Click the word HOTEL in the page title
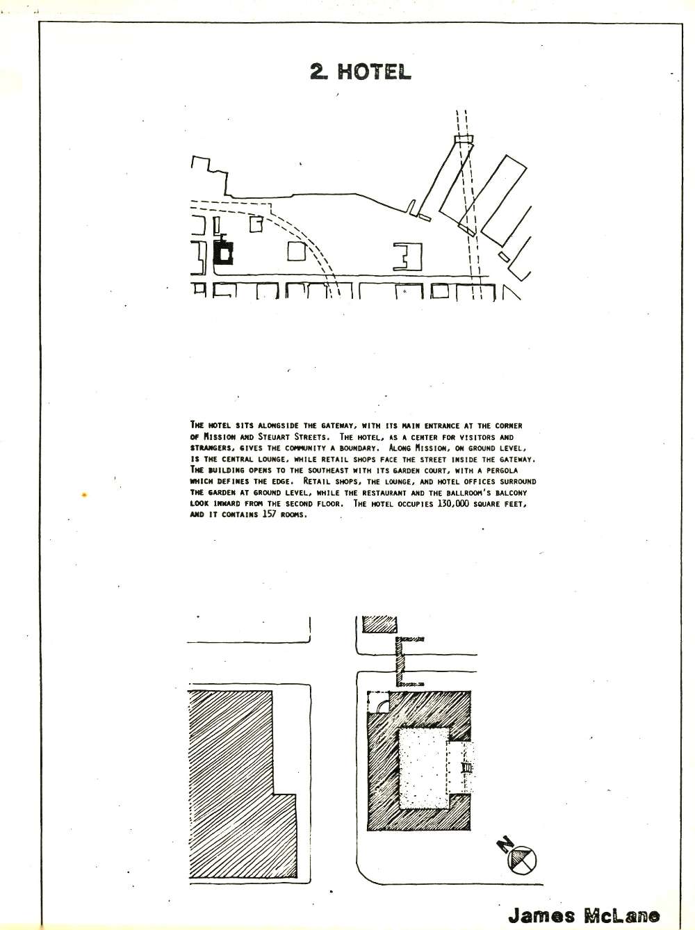[x=375, y=72]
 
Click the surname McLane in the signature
[x=622, y=904]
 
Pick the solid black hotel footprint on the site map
[x=223, y=252]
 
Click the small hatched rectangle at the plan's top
[x=380, y=626]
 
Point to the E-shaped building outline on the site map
[x=408, y=256]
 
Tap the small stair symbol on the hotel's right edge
[x=467, y=756]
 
